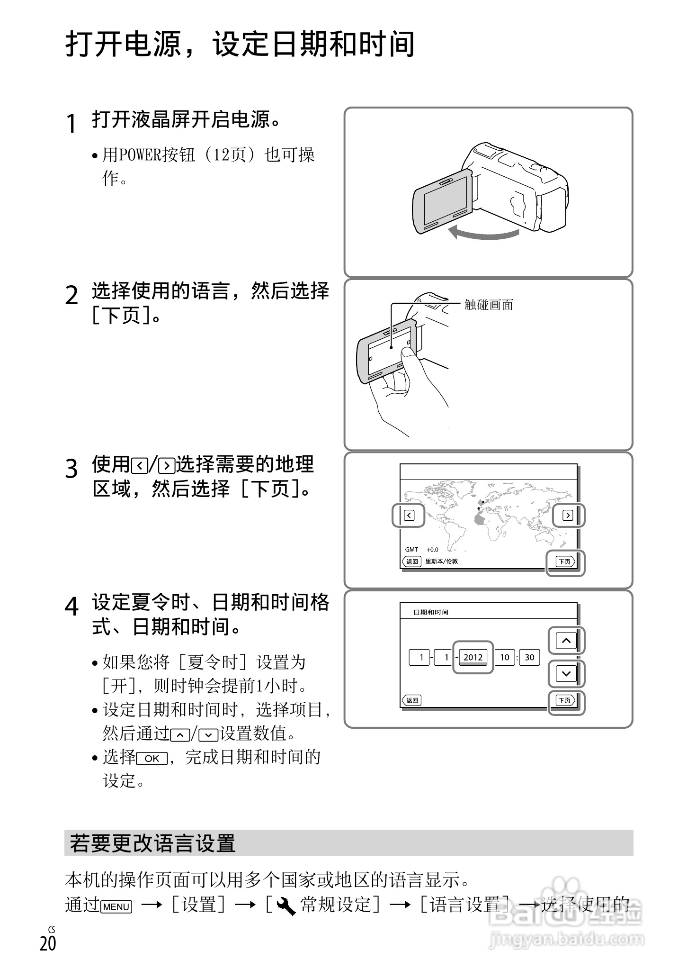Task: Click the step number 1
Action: click(71, 124)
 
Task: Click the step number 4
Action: click(71, 607)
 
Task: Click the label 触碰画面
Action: click(489, 305)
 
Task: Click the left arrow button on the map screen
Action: click(409, 515)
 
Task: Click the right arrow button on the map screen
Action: click(567, 515)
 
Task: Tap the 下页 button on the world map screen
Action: click(565, 561)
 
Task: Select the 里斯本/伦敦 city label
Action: click(441, 561)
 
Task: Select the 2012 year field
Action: click(473, 657)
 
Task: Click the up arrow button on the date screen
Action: click(566, 641)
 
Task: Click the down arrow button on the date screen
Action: click(566, 674)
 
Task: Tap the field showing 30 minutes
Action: click(529, 657)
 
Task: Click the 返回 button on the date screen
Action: click(411, 700)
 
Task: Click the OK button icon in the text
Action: click(152, 759)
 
